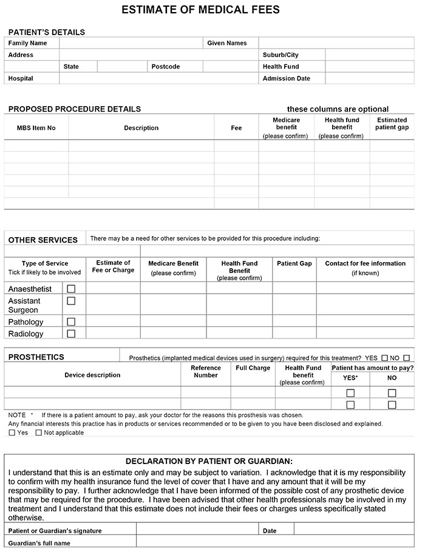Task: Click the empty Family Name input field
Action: pos(131,43)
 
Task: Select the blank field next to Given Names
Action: pos(336,43)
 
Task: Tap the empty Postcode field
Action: pos(230,67)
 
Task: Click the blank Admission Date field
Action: pos(370,78)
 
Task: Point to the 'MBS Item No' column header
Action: pos(36,128)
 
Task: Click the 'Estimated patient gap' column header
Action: pos(392,124)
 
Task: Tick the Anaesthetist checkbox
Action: pos(71,289)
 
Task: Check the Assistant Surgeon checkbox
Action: pos(71,301)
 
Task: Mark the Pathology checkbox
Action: pos(71,322)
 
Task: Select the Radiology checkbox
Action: pos(71,333)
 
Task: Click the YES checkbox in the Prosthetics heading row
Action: pos(384,358)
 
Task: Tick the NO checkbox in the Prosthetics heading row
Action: pos(406,358)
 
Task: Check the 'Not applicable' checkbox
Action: pos(39,433)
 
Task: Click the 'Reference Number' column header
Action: pos(206,371)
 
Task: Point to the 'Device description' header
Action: pos(92,375)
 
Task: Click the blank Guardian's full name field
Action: pos(275,543)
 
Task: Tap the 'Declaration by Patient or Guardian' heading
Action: pos(209,461)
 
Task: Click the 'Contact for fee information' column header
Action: pos(365,268)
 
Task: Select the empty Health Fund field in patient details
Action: pos(370,67)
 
